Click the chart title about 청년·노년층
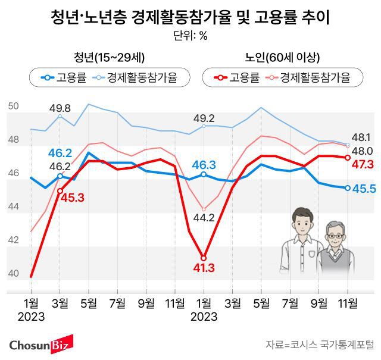(x=190, y=18)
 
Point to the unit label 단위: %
(x=190, y=36)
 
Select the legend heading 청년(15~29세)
(x=110, y=57)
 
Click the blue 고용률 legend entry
(x=66, y=77)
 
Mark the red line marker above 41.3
(x=204, y=258)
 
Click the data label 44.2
(x=204, y=217)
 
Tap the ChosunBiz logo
(x=40, y=344)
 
